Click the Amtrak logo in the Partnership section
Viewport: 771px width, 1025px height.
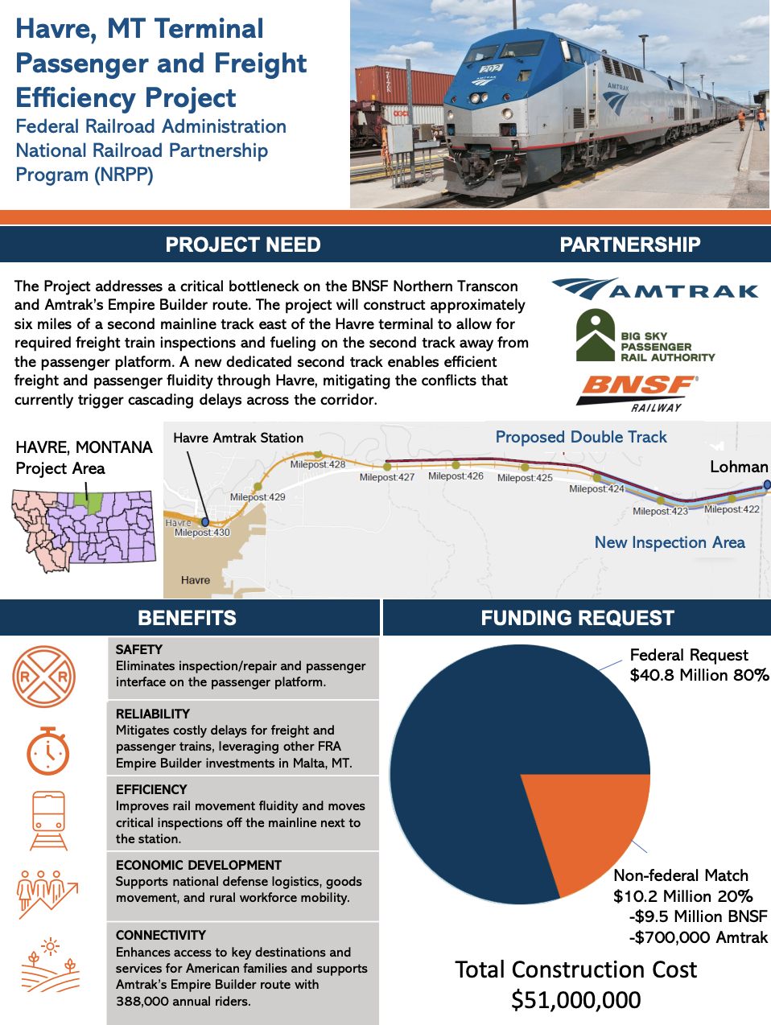tap(655, 289)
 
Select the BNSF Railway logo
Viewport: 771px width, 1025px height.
tap(637, 392)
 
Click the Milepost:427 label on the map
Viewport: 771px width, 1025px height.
tap(387, 478)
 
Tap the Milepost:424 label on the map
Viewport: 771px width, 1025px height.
tap(596, 489)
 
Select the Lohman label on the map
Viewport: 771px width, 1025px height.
tap(738, 467)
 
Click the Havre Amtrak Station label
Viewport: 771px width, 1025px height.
tap(238, 438)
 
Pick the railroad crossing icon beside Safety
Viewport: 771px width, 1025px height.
tap(43, 677)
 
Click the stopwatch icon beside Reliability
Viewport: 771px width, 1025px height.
tap(48, 751)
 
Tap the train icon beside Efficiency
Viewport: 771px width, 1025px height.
tap(48, 821)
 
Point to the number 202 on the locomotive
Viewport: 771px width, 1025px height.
tap(490, 70)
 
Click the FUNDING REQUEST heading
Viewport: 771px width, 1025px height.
tap(577, 618)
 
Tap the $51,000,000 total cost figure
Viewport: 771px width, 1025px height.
tap(576, 1000)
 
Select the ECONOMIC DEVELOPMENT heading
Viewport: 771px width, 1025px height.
tap(198, 865)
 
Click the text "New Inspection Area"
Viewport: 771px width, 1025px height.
tap(670, 542)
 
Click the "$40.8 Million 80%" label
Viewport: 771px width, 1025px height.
tap(699, 675)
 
